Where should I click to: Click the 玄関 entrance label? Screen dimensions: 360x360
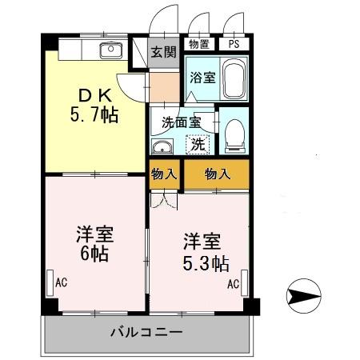pos(163,52)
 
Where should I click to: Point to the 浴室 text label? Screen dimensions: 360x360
pos(201,79)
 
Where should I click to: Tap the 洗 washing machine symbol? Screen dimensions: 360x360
pos(197,146)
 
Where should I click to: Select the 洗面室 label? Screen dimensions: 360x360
pos(181,123)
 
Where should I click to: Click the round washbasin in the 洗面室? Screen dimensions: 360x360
pos(162,147)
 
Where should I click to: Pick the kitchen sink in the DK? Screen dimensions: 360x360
pos(110,51)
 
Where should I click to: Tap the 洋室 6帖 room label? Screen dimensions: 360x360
pos(94,246)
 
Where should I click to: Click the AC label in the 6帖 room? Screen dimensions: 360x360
pos(61,282)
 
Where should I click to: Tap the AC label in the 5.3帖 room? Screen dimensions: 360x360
pos(233,284)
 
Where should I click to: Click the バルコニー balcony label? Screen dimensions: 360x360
pos(146,331)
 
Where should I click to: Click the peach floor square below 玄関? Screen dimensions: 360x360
pos(165,86)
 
